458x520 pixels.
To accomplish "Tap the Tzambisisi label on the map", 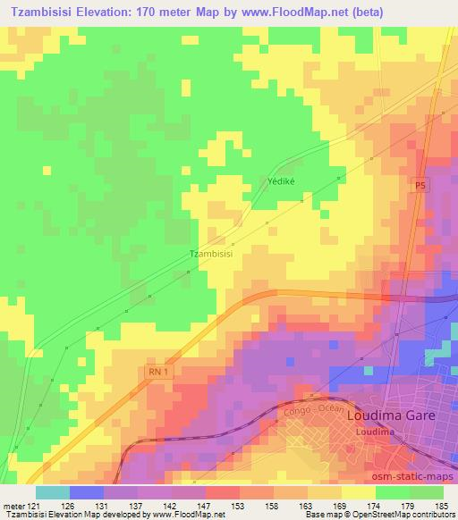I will point(211,254).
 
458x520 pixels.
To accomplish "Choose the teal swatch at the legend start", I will point(52,492).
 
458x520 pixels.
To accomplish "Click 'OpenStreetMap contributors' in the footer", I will point(406,516).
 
